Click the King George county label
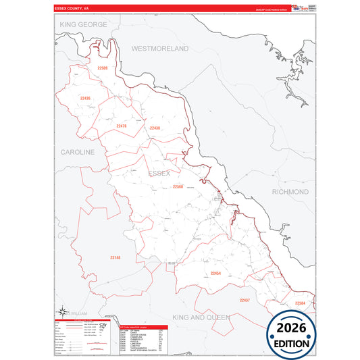(x=84, y=24)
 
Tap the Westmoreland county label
(x=160, y=49)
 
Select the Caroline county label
(x=78, y=153)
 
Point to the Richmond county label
(x=290, y=192)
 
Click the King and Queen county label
(x=201, y=317)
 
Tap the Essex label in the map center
(x=159, y=174)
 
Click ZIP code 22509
(x=102, y=68)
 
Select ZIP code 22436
(x=85, y=99)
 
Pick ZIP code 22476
(x=122, y=126)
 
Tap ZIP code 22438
(x=155, y=128)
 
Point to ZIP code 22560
(x=178, y=186)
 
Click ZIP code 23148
(x=115, y=257)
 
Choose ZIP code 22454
(x=215, y=273)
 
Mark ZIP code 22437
(x=245, y=300)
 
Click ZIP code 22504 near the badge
(x=300, y=303)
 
